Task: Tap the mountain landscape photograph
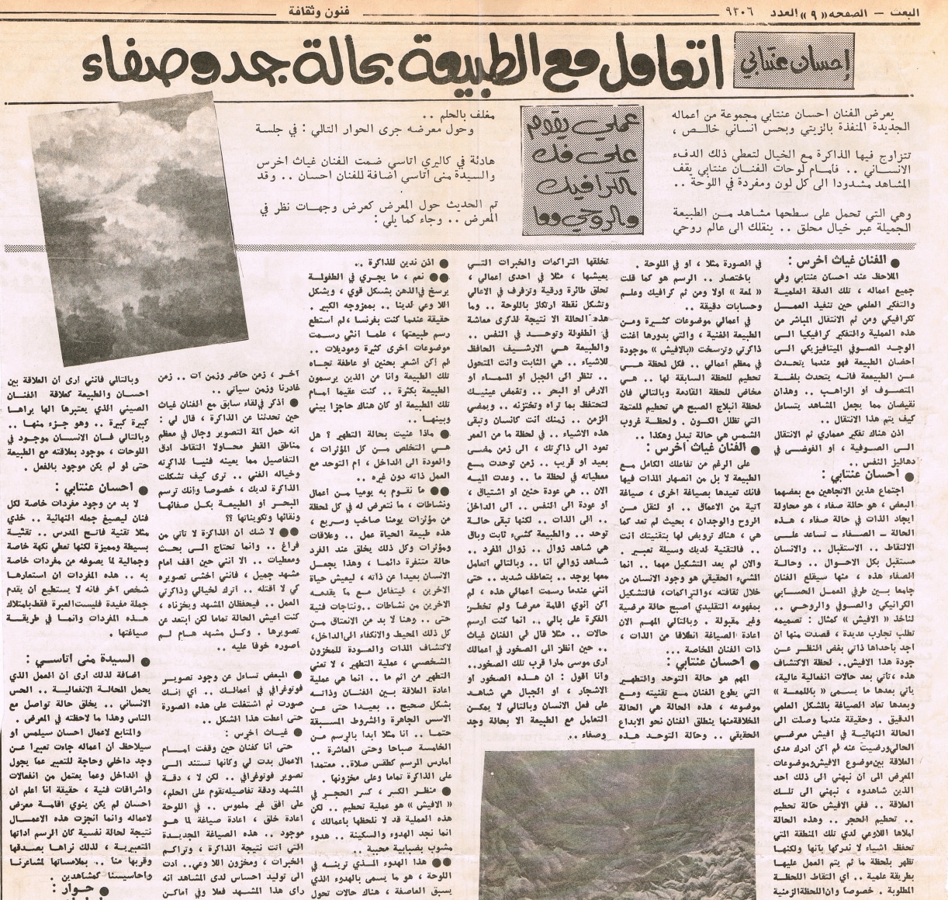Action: [x=617, y=822]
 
